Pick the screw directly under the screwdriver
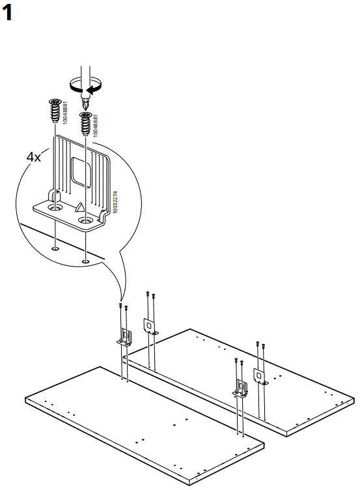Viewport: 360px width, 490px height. [85, 123]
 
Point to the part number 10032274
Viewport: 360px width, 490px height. [115, 202]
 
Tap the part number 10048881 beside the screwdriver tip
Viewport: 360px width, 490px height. [96, 124]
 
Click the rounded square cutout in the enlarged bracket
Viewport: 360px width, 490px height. [81, 172]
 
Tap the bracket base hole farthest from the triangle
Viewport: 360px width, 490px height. [55, 207]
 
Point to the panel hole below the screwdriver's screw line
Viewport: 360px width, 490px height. [85, 261]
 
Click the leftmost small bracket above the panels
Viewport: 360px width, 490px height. [124, 336]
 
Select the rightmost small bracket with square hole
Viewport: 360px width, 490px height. [259, 377]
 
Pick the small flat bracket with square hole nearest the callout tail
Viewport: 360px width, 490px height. [148, 326]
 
